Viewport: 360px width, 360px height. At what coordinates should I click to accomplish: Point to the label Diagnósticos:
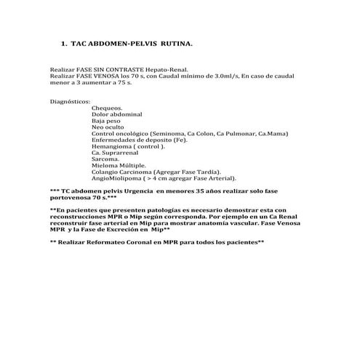click(70, 102)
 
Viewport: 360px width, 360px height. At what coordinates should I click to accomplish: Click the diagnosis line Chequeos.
click(107, 108)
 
